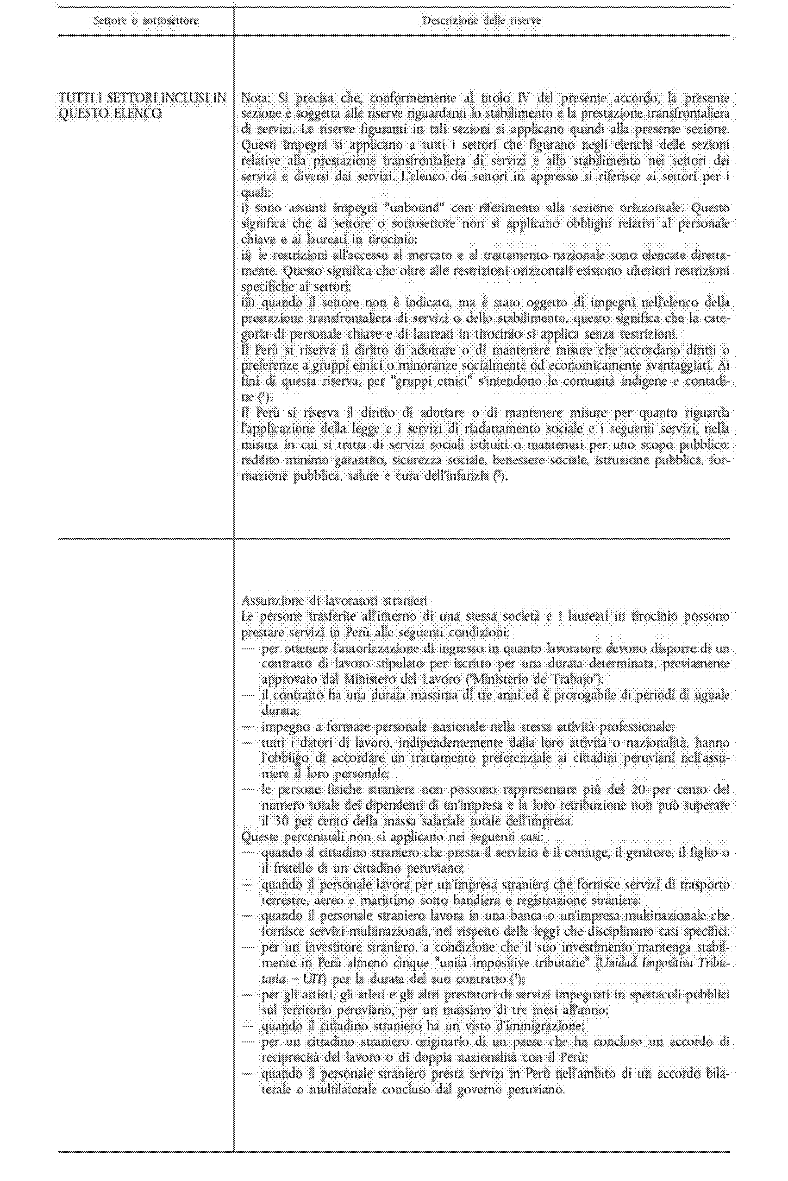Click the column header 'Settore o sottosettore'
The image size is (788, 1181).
[x=145, y=21]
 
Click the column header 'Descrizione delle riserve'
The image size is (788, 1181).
[x=482, y=21]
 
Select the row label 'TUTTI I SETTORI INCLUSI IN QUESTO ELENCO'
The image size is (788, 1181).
[x=143, y=106]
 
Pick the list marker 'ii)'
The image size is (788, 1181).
[x=248, y=256]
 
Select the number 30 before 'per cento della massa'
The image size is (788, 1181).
[x=269, y=821]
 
